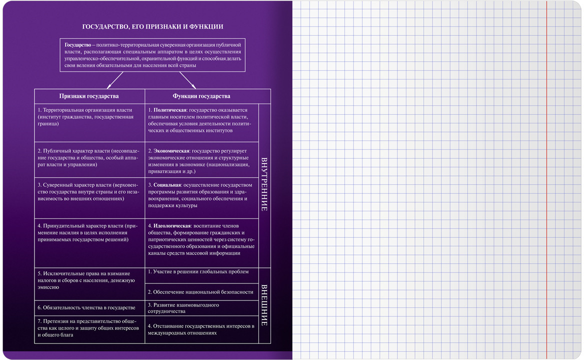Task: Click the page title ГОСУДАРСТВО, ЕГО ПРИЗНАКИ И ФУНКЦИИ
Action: tap(152, 26)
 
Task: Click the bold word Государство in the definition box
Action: tap(78, 45)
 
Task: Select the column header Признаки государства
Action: tap(89, 96)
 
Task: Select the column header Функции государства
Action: tap(201, 96)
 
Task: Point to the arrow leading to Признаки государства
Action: tap(115, 80)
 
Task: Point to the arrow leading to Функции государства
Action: tap(187, 80)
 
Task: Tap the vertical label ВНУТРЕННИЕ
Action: tap(264, 184)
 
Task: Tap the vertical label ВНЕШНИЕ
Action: tap(264, 305)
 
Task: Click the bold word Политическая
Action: tap(170, 110)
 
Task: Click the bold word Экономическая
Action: tap(171, 151)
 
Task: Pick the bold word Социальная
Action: tap(167, 185)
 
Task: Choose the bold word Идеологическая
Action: tap(172, 226)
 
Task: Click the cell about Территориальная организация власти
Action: tap(89, 123)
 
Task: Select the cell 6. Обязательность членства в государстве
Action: tap(89, 308)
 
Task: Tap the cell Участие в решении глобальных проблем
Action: tap(201, 275)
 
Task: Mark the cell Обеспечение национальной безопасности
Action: tap(201, 292)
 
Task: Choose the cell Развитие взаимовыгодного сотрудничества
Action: tap(201, 308)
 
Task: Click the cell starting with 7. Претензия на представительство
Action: tap(89, 329)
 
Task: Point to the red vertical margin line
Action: tap(547, 180)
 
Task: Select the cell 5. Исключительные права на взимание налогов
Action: tap(89, 284)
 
